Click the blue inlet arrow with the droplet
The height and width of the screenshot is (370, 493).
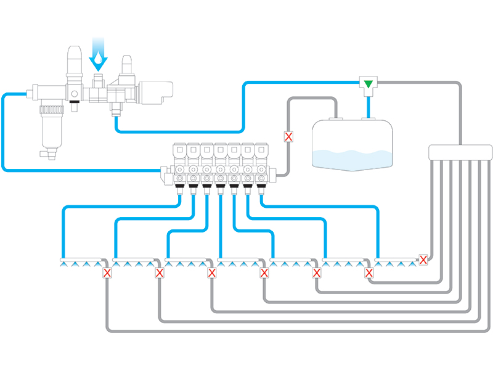[x=98, y=54]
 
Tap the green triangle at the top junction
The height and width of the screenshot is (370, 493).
[x=369, y=83]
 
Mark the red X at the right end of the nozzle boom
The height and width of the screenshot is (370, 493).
[x=423, y=260]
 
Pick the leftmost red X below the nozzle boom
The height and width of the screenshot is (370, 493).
[x=107, y=273]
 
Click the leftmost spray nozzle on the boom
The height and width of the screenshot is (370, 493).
[x=65, y=263]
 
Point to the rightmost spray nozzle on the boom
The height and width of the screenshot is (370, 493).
[x=413, y=263]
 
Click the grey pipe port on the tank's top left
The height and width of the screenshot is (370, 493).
[x=337, y=115]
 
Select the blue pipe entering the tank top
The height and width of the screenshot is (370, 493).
[x=369, y=108]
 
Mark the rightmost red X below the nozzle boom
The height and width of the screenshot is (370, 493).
[x=369, y=273]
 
